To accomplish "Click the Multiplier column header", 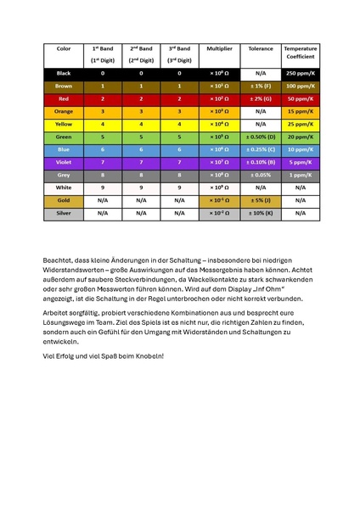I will (x=220, y=49).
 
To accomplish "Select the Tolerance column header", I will (x=261, y=49).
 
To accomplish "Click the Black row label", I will (x=64, y=74).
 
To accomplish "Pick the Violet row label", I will (x=64, y=162).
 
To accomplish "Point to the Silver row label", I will (x=64, y=213).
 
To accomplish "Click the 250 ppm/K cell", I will (x=301, y=74).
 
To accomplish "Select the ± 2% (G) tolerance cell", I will (x=261, y=99).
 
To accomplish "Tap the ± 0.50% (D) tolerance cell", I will (x=261, y=137).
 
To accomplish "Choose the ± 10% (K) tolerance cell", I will (x=261, y=213).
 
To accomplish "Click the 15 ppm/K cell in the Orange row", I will (x=301, y=111).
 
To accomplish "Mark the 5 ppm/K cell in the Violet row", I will (x=301, y=162).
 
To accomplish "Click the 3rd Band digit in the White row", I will (x=179, y=187).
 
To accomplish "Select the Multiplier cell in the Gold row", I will (x=220, y=200).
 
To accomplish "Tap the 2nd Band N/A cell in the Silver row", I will (x=140, y=213).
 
